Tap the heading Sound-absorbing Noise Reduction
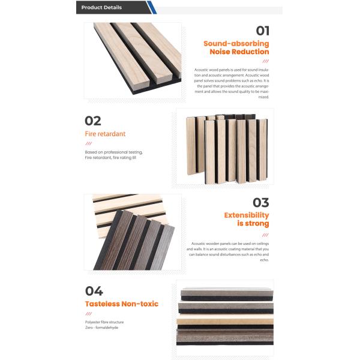pos(236,48)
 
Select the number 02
pos(93,121)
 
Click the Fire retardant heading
pos(105,134)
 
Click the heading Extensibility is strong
pos(246,220)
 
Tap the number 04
pos(94,291)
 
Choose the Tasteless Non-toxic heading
pos(121,304)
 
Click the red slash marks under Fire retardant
pos(88,144)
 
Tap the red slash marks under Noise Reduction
pos(265,61)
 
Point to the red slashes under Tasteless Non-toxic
pos(88,314)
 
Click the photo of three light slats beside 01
pos(132,60)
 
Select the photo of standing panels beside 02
pos(224,146)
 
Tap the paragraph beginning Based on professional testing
pos(114,155)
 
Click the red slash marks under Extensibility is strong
pos(265,235)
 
